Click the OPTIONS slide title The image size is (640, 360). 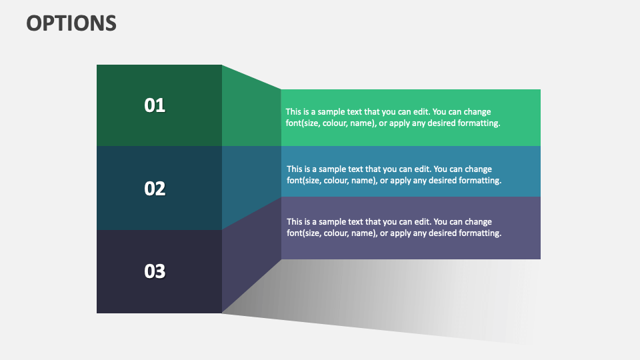(71, 23)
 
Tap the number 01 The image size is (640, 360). (155, 105)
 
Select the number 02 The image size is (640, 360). (155, 189)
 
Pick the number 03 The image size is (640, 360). (155, 271)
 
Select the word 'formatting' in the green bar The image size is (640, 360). (477, 123)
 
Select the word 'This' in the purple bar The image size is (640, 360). (295, 221)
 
